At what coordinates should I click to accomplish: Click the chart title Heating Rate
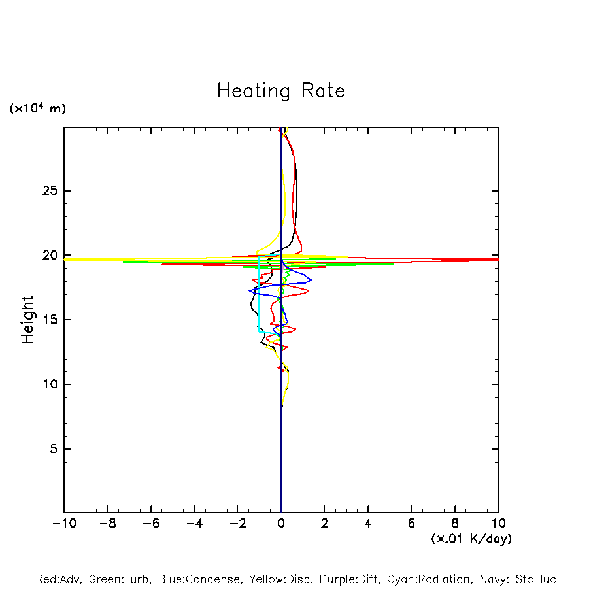click(280, 90)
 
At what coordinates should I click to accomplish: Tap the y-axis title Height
click(27, 320)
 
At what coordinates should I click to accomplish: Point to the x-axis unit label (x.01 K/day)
click(471, 539)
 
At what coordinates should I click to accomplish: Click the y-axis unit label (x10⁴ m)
click(37, 108)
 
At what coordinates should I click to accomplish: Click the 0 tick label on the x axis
click(281, 524)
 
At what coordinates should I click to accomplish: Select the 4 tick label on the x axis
click(368, 524)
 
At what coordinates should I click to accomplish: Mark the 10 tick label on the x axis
click(498, 524)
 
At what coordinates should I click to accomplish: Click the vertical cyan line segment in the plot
click(259, 294)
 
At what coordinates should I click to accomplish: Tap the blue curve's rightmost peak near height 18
click(311, 280)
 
